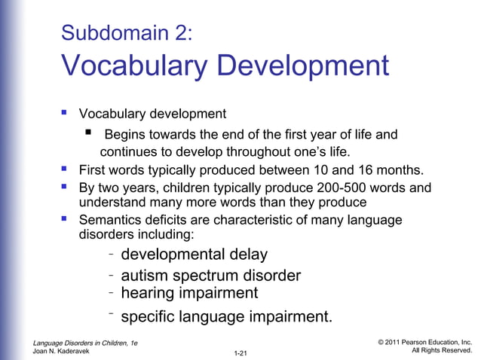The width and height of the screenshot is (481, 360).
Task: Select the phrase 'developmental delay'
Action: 194,255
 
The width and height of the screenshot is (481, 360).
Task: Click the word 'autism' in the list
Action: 146,276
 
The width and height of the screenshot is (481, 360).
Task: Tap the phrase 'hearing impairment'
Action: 189,293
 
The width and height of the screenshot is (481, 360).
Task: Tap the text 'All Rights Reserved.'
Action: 442,351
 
